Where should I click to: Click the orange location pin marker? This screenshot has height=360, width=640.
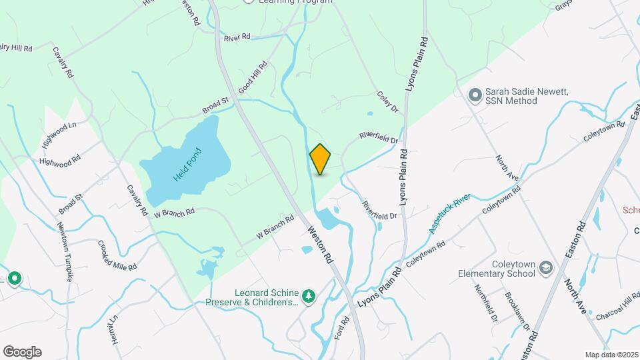[320, 159]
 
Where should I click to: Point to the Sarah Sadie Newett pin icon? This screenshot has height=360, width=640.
[475, 95]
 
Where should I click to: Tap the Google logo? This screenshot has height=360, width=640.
[22, 351]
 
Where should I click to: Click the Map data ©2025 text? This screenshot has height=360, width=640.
[610, 354]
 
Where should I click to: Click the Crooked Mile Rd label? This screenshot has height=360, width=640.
[117, 255]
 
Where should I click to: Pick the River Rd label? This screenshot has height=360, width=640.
[237, 37]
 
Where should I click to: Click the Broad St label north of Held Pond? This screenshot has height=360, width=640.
[215, 105]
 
